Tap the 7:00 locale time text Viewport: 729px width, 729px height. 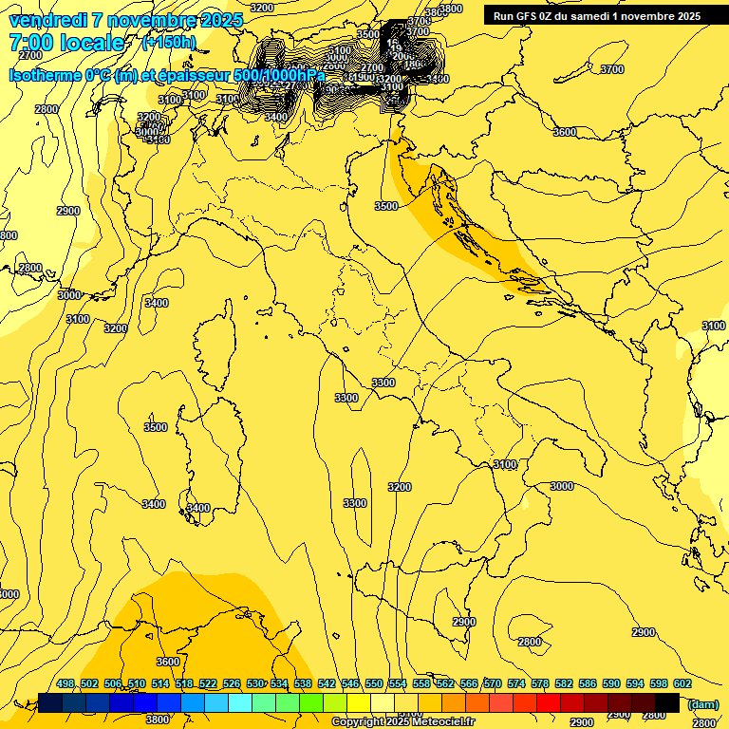[x=65, y=43]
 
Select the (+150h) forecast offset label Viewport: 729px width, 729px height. [x=168, y=43]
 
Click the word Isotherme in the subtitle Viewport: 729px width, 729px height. [x=44, y=75]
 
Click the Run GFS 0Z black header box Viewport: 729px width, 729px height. [x=596, y=15]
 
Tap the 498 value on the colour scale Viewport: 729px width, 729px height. [x=65, y=683]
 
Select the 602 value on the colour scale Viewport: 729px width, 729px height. [x=682, y=683]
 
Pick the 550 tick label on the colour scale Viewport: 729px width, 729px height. [x=374, y=683]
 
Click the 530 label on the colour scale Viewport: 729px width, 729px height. [x=255, y=683]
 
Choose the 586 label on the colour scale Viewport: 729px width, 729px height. [x=588, y=683]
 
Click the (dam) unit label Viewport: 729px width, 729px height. [x=702, y=703]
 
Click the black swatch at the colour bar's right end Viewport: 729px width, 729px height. [x=667, y=702]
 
